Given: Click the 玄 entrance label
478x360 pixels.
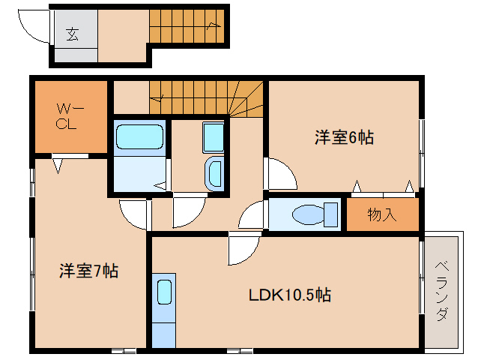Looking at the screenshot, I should [73, 33].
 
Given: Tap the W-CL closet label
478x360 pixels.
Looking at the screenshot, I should [70, 117].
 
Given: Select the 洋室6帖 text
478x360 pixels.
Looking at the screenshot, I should [344, 137].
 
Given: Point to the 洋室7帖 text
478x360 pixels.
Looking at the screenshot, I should [88, 271].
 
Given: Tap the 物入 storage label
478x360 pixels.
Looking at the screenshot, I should [381, 215].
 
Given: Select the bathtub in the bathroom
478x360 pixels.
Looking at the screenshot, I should [139, 138].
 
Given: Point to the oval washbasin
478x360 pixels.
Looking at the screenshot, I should [214, 172].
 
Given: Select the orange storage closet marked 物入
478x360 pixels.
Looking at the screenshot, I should [382, 215].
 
